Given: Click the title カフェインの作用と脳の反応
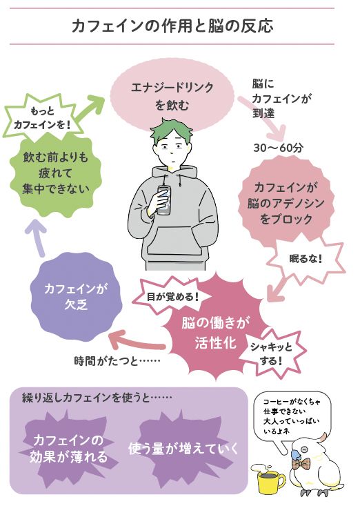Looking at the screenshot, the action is tap(172, 26).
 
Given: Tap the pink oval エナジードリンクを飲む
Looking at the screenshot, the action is tap(172, 96).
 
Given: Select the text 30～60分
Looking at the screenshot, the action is tap(278, 148).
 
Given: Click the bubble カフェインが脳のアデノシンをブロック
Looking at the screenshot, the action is tap(286, 203).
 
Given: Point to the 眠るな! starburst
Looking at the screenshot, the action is tap(306, 259).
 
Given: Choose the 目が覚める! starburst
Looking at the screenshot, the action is tap(172, 296).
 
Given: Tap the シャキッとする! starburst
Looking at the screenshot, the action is tap(271, 353).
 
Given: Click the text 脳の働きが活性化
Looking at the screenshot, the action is tap(215, 332).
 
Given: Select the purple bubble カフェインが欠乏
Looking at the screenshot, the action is tap(76, 297).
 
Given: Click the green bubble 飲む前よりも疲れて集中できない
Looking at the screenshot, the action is tap(55, 173).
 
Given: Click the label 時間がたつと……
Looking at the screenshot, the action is tap(117, 360).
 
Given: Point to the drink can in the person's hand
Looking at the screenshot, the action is tap(164, 200).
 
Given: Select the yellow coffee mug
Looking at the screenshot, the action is tap(269, 482).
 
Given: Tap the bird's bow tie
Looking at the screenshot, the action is tap(300, 464).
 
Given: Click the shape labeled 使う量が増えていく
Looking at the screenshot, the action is tap(183, 448).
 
